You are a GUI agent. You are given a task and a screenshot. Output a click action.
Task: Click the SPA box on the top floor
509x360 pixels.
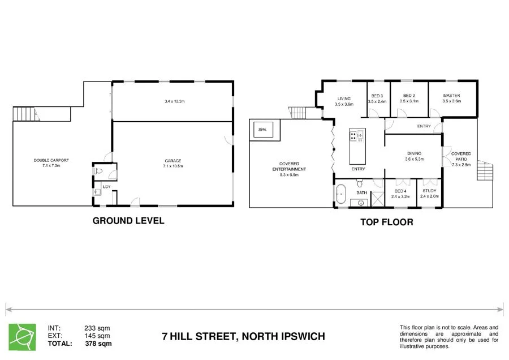pos(262,130)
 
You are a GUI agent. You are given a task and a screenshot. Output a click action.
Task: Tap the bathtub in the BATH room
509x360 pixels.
pos(340,194)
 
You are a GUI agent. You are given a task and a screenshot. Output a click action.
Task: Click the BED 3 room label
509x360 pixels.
pos(377,96)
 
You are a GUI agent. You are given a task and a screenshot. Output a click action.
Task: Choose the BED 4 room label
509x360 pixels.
pos(400,191)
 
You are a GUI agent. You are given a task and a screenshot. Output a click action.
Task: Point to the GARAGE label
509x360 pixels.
pos(173,161)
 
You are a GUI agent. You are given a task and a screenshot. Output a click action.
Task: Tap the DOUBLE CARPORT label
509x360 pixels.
pos(47,161)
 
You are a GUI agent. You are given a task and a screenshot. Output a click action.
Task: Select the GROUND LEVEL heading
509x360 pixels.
pos(128,221)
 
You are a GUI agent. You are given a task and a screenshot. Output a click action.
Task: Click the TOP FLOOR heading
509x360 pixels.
pos(386,222)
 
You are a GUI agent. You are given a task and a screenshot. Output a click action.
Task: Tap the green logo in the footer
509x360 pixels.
pos(22,335)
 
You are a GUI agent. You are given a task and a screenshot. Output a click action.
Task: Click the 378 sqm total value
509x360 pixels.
pos(98,343)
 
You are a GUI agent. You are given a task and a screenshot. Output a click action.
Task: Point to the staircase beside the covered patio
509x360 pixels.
pos(485,168)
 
